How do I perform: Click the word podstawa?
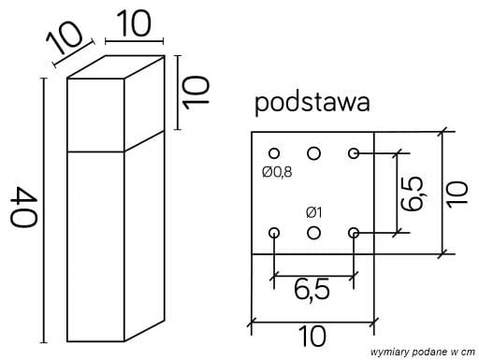click(x=311, y=101)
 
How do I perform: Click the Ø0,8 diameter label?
click(x=278, y=172)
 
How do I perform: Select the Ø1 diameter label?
click(x=314, y=210)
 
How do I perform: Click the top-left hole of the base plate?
click(x=274, y=152)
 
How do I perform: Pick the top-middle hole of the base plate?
click(x=314, y=152)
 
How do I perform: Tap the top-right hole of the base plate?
click(x=354, y=152)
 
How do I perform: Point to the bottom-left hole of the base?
click(x=274, y=232)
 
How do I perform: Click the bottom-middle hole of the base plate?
click(x=314, y=232)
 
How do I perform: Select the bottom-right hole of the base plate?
click(x=354, y=232)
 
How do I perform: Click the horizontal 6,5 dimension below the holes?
click(x=312, y=291)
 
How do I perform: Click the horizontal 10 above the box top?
click(x=135, y=24)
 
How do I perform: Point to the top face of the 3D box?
click(x=120, y=68)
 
